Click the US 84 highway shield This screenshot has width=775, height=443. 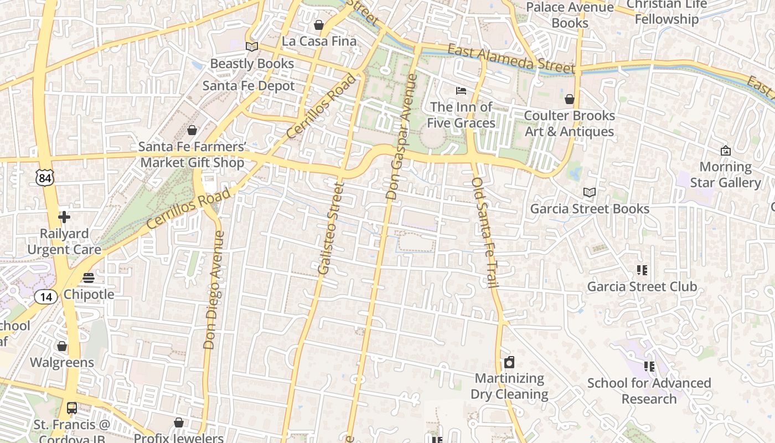pyautogui.click(x=44, y=177)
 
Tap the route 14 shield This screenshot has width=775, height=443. pyautogui.click(x=46, y=297)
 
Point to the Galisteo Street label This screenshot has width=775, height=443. pyautogui.click(x=330, y=228)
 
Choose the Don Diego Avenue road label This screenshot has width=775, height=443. pyautogui.click(x=214, y=290)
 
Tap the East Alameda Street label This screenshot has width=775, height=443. pyautogui.click(x=511, y=59)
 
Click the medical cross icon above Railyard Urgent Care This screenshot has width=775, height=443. pyautogui.click(x=64, y=217)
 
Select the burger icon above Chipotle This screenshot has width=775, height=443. pyautogui.click(x=89, y=277)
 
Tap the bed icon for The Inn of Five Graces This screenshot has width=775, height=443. pyautogui.click(x=461, y=90)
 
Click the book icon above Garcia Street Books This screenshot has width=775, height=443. pyautogui.click(x=590, y=192)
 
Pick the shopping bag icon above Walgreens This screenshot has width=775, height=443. pyautogui.click(x=62, y=346)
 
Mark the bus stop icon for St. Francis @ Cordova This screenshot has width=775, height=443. pyautogui.click(x=71, y=408)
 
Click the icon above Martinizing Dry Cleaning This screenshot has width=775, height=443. pyautogui.click(x=509, y=362)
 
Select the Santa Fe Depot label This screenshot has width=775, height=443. pyautogui.click(x=249, y=86)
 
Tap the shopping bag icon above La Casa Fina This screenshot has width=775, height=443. pyautogui.click(x=319, y=25)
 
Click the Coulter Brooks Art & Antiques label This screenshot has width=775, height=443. pyautogui.click(x=569, y=123)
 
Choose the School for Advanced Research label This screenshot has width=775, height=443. pyautogui.click(x=649, y=391)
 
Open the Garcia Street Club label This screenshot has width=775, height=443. pyautogui.click(x=642, y=286)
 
